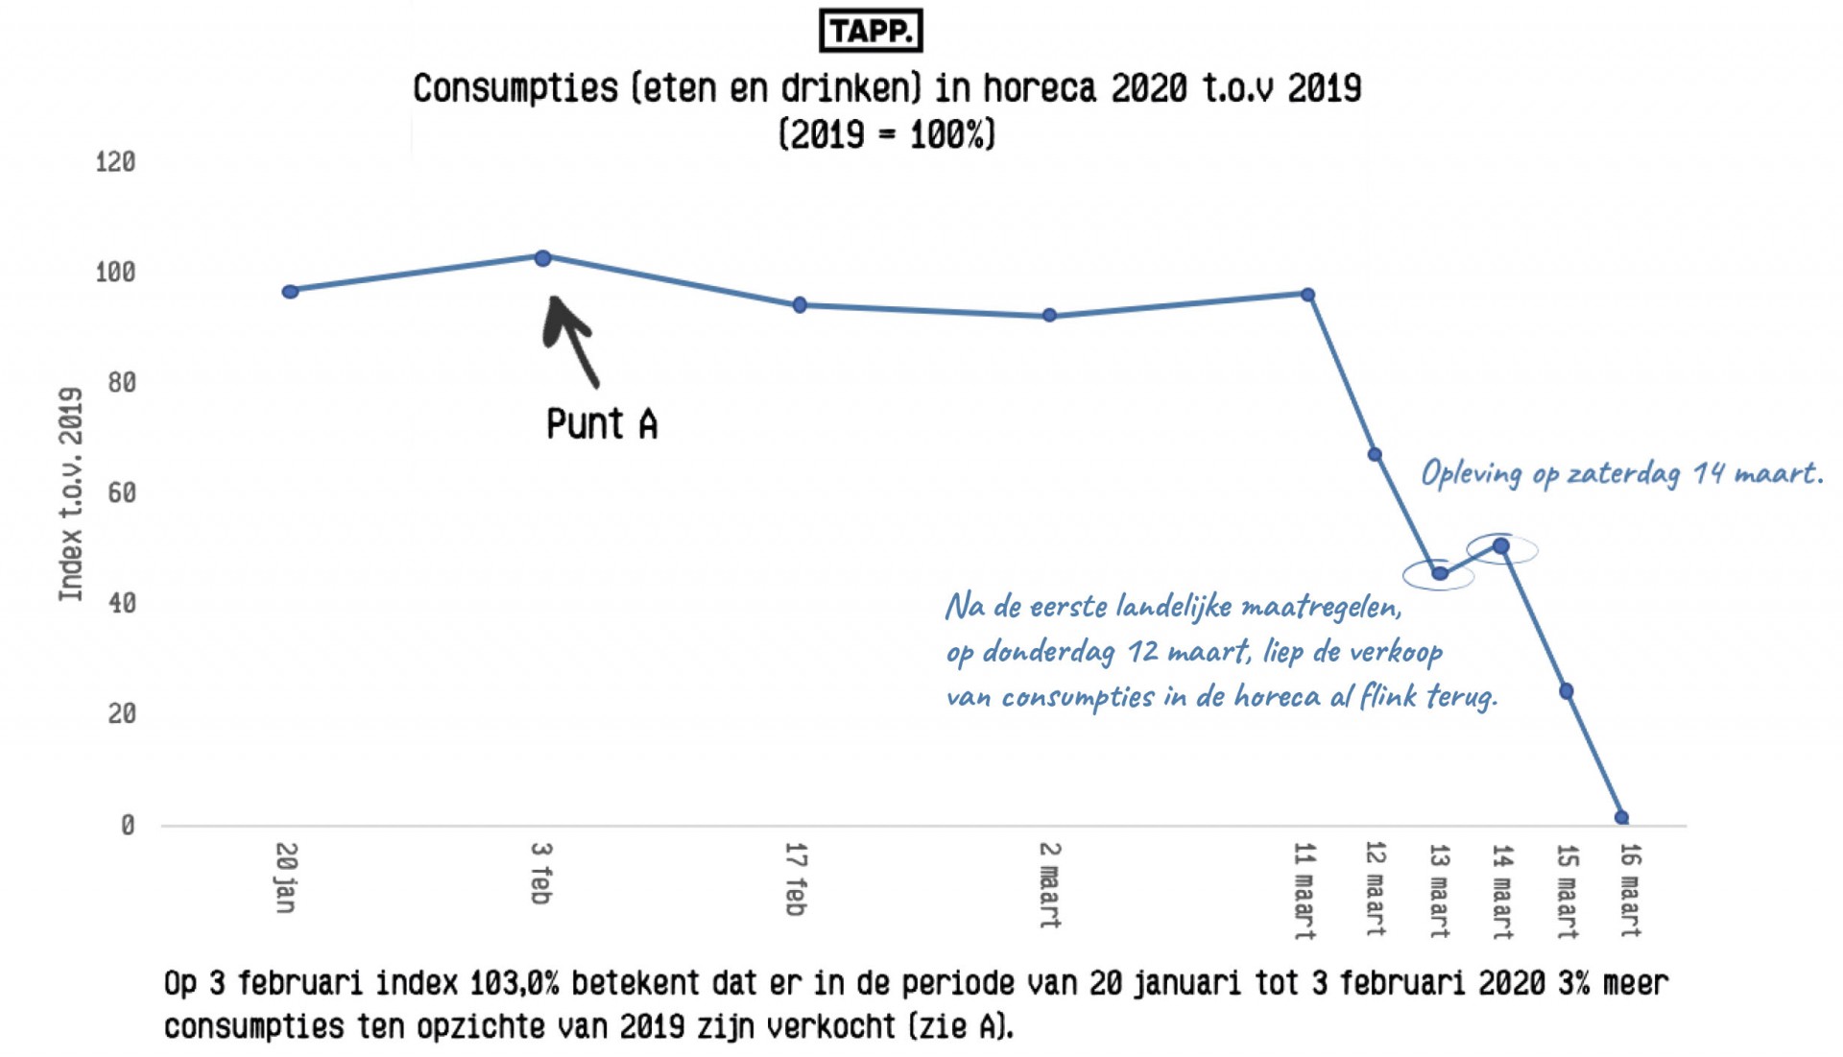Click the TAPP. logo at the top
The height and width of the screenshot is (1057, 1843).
click(871, 31)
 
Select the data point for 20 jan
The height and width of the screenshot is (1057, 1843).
click(290, 291)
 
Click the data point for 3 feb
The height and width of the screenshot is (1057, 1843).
click(542, 258)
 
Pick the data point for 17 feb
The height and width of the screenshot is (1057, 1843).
click(800, 305)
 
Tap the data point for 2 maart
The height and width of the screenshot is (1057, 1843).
click(1049, 315)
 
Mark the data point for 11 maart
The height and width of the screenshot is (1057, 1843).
click(1307, 295)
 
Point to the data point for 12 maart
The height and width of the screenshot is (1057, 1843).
click(1375, 454)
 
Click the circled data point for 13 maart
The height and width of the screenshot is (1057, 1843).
click(1440, 574)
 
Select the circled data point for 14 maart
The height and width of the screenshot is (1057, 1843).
click(1501, 546)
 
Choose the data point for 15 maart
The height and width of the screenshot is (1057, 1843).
click(1567, 691)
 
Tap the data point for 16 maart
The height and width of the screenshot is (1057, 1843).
click(1621, 818)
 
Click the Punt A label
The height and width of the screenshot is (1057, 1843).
click(602, 424)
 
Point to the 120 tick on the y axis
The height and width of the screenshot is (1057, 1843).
click(115, 162)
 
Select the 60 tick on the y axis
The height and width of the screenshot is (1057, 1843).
click(121, 493)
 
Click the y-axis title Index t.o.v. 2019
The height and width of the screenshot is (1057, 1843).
click(71, 494)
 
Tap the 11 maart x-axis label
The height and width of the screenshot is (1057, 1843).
click(1304, 890)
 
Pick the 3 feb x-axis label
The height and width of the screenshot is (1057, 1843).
click(541, 873)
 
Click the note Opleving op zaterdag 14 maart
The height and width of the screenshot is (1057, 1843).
click(1621, 473)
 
